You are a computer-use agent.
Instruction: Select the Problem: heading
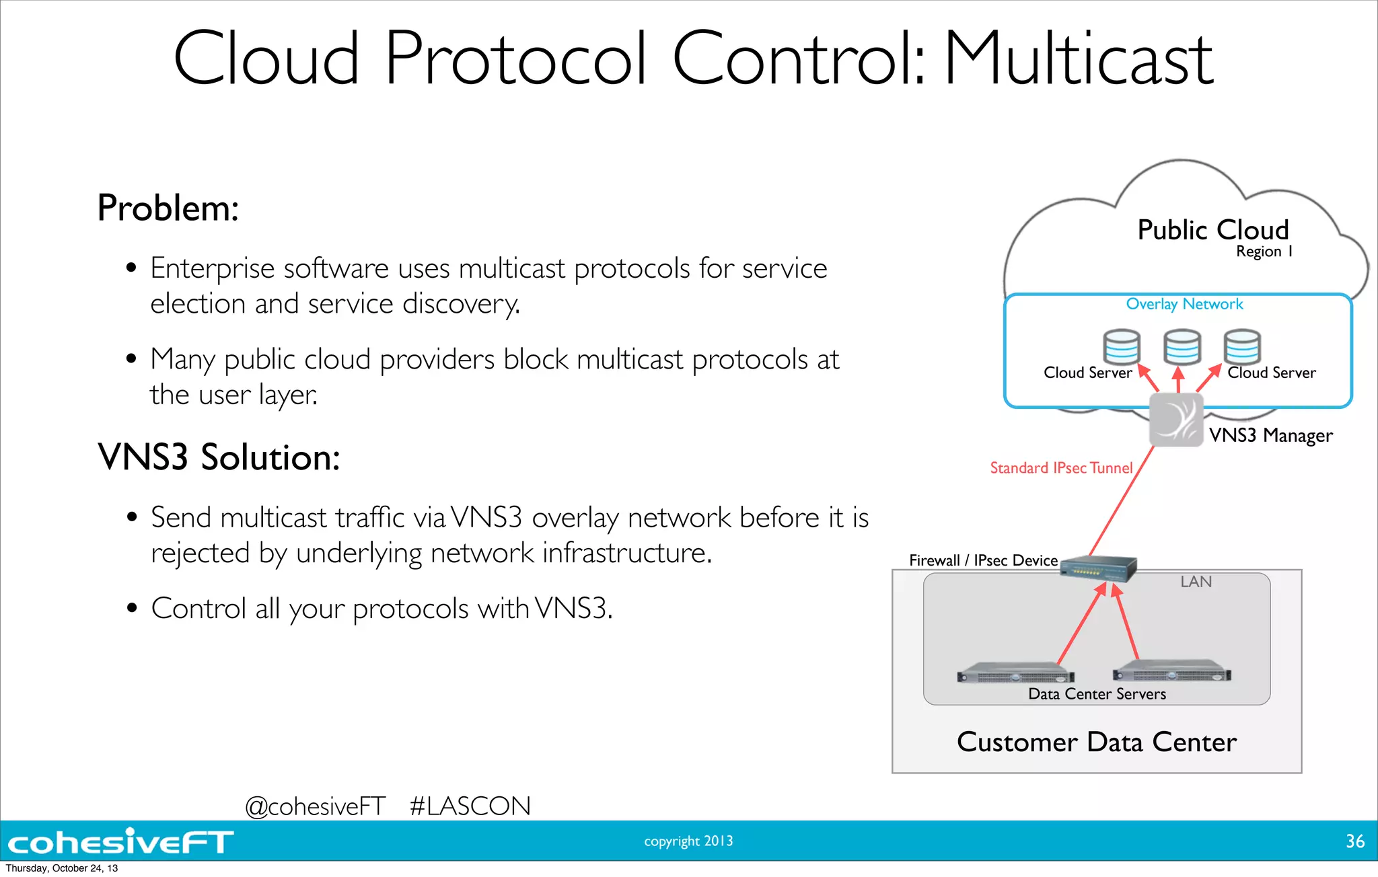(x=168, y=208)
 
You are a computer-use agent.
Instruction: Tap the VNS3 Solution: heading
(x=219, y=457)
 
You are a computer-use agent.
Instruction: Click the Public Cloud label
(x=1212, y=230)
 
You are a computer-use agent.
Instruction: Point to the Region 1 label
(x=1264, y=252)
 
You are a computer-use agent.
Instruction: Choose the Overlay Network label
(x=1184, y=304)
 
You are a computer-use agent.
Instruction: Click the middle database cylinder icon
(x=1182, y=347)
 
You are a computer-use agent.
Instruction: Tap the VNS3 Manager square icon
(x=1175, y=420)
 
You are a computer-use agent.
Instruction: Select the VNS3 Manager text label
(x=1270, y=436)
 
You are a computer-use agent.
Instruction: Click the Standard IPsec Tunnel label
(x=1061, y=468)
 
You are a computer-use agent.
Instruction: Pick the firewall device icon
(x=1098, y=569)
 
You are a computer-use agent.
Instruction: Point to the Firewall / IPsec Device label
(x=983, y=560)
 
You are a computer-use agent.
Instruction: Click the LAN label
(x=1196, y=582)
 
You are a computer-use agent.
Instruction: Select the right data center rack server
(x=1172, y=673)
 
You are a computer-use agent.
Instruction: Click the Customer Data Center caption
(x=1097, y=742)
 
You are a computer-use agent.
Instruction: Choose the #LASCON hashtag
(x=470, y=806)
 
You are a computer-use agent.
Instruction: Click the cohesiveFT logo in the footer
(x=120, y=842)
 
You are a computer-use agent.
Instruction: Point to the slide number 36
(x=1354, y=841)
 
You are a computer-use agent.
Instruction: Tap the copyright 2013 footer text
(x=688, y=841)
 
